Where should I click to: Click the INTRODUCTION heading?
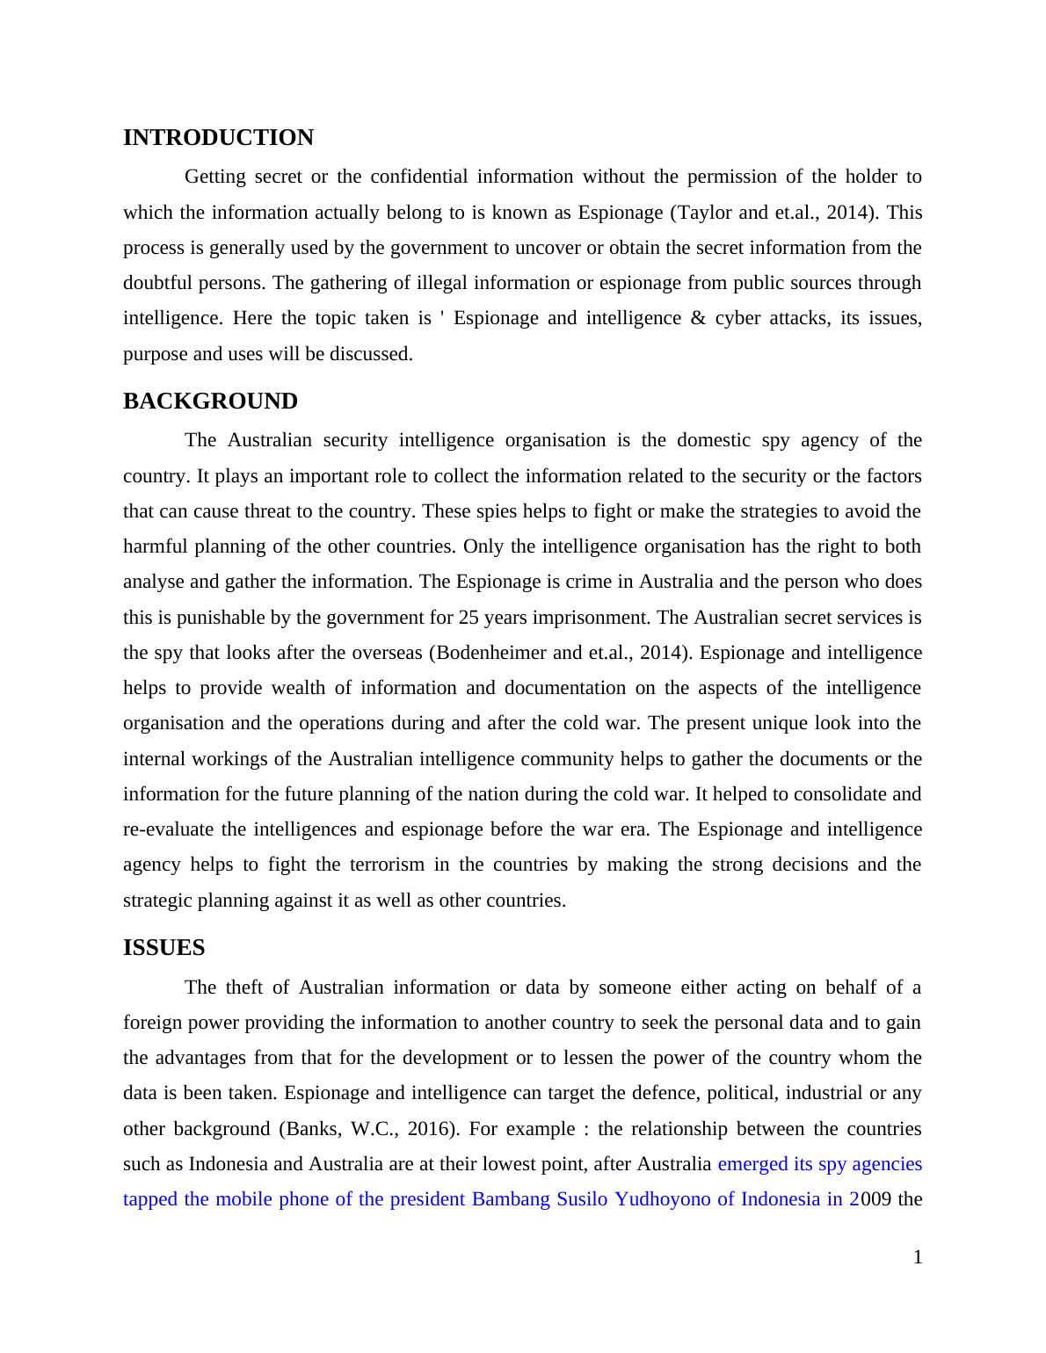[218, 138]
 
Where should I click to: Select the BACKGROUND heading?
[210, 402]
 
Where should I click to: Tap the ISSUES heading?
[163, 948]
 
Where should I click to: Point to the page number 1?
[918, 1258]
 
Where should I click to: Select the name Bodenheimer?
[479, 653]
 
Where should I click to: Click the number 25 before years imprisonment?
[468, 618]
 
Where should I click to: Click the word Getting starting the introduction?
[214, 177]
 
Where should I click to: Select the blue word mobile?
[243, 1199]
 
